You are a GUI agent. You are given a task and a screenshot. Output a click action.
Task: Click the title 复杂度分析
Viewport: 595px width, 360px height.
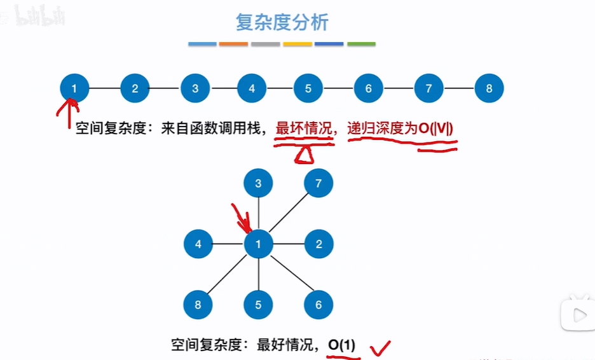282,23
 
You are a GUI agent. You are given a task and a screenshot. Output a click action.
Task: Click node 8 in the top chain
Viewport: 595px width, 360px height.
489,88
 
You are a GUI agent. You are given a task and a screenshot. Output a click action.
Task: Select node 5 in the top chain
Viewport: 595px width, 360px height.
308,88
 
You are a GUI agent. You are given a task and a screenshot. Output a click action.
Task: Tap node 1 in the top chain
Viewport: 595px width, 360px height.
74,88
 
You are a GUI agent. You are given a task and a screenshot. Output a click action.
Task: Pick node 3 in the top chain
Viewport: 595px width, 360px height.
195,88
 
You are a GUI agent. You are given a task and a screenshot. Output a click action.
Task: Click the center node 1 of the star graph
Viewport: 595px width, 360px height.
258,244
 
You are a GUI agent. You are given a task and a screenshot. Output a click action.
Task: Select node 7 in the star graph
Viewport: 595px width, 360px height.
318,184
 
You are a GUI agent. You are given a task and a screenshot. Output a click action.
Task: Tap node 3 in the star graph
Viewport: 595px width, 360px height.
258,184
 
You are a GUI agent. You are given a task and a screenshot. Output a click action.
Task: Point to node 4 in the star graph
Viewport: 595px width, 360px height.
198,244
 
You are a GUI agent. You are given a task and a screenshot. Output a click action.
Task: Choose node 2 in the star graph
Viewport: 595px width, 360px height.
319,244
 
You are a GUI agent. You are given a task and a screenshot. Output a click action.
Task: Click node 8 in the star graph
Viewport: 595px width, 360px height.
198,305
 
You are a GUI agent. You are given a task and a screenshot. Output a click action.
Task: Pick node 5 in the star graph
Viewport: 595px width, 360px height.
258,305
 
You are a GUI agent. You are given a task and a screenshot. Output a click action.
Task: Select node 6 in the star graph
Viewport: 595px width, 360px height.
319,305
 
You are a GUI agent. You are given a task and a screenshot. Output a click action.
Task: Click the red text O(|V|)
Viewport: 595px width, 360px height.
435,128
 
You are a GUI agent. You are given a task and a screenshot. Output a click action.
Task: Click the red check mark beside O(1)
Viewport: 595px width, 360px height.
381,347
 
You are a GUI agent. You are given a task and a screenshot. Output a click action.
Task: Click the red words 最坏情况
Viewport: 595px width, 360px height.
304,128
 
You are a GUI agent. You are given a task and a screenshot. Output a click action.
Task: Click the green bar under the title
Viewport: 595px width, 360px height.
361,44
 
